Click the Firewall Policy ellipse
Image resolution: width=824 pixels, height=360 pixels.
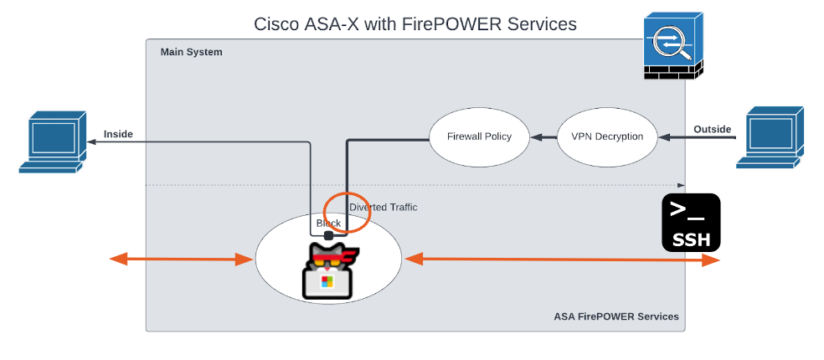pos(479,136)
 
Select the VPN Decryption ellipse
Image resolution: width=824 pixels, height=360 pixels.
pos(607,136)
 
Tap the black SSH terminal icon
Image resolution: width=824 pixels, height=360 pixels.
pos(691,223)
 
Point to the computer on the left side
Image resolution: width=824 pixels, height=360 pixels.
pos(54,141)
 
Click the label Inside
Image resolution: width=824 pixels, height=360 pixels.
pos(118,134)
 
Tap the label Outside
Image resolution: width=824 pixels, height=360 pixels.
pos(713,129)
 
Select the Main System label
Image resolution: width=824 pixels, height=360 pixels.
pos(192,52)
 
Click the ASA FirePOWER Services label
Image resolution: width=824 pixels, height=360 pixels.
pos(615,316)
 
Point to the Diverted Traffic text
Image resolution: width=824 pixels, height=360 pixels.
pos(383,207)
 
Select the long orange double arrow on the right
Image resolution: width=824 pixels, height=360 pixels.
pos(561,260)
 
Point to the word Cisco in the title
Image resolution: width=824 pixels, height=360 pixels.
pos(277,24)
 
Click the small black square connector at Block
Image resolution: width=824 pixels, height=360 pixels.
pos(329,235)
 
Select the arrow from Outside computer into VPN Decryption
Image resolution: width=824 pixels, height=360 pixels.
pos(697,136)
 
